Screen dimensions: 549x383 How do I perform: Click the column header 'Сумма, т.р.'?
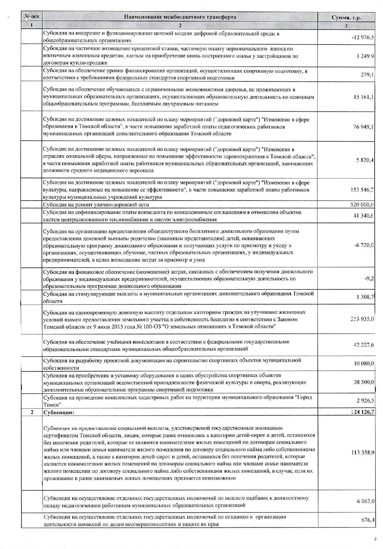346,17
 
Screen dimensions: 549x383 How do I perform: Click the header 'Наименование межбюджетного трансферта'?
180,17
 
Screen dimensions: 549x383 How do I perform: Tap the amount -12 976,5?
362,37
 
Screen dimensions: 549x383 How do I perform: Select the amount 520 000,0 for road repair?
362,205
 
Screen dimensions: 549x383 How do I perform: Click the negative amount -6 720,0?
364,245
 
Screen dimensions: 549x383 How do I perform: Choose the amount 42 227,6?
363,345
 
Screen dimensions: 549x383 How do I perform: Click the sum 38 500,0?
364,382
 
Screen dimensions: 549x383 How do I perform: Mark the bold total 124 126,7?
362,412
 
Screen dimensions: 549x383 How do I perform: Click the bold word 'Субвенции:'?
59,412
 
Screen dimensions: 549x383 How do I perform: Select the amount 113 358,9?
363,452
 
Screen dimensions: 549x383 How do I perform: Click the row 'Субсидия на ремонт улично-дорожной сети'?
96,205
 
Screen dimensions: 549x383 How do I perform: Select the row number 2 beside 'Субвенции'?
32,412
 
